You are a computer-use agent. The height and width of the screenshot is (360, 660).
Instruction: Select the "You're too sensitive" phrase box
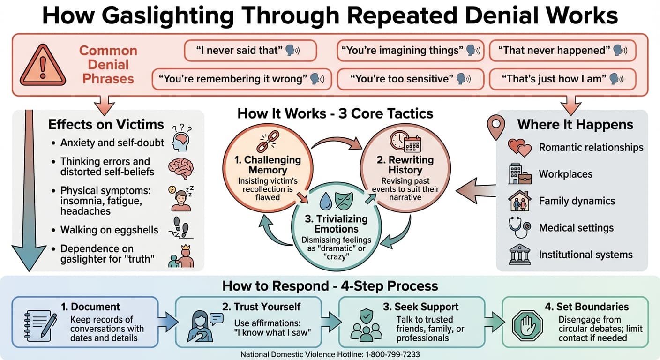point(401,79)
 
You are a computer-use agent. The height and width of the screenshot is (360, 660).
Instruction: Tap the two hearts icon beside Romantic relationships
point(520,148)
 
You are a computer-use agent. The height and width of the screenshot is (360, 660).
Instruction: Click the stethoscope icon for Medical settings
point(520,227)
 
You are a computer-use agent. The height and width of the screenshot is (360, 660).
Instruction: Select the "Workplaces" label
point(565,174)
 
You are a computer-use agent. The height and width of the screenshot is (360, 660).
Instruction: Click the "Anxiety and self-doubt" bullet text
point(112,142)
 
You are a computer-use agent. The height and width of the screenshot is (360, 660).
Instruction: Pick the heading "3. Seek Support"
point(420,307)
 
